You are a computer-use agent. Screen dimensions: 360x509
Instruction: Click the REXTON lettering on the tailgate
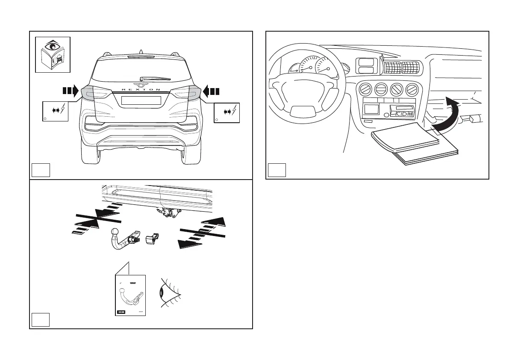[x=141, y=90]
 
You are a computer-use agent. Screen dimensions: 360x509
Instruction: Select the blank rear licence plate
[x=141, y=100]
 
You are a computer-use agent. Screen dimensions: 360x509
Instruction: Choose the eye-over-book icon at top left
[x=52, y=54]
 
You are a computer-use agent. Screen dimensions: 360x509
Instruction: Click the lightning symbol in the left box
[x=63, y=110]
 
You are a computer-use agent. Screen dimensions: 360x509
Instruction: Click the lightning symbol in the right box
[x=234, y=111]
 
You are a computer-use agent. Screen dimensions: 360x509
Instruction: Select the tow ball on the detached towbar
[x=115, y=233]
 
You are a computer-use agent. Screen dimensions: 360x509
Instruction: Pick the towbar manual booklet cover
[x=130, y=295]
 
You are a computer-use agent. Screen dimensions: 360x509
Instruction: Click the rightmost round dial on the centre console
[x=412, y=90]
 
